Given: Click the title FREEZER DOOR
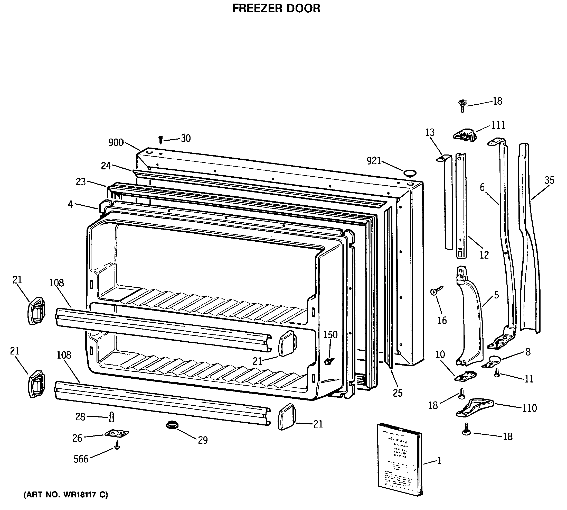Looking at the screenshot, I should (x=276, y=8).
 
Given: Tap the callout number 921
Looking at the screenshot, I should (x=374, y=161).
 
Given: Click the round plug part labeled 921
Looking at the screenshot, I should (x=409, y=173).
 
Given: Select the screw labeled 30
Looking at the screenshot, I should (x=161, y=140).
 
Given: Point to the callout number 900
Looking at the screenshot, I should (x=116, y=143).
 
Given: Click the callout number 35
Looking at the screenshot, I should (x=549, y=180).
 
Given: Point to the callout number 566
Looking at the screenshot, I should (x=81, y=459).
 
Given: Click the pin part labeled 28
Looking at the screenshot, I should (x=112, y=417).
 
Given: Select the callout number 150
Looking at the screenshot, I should (x=330, y=335).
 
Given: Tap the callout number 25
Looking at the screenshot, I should (x=398, y=393).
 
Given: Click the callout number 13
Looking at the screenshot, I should (x=430, y=132).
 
